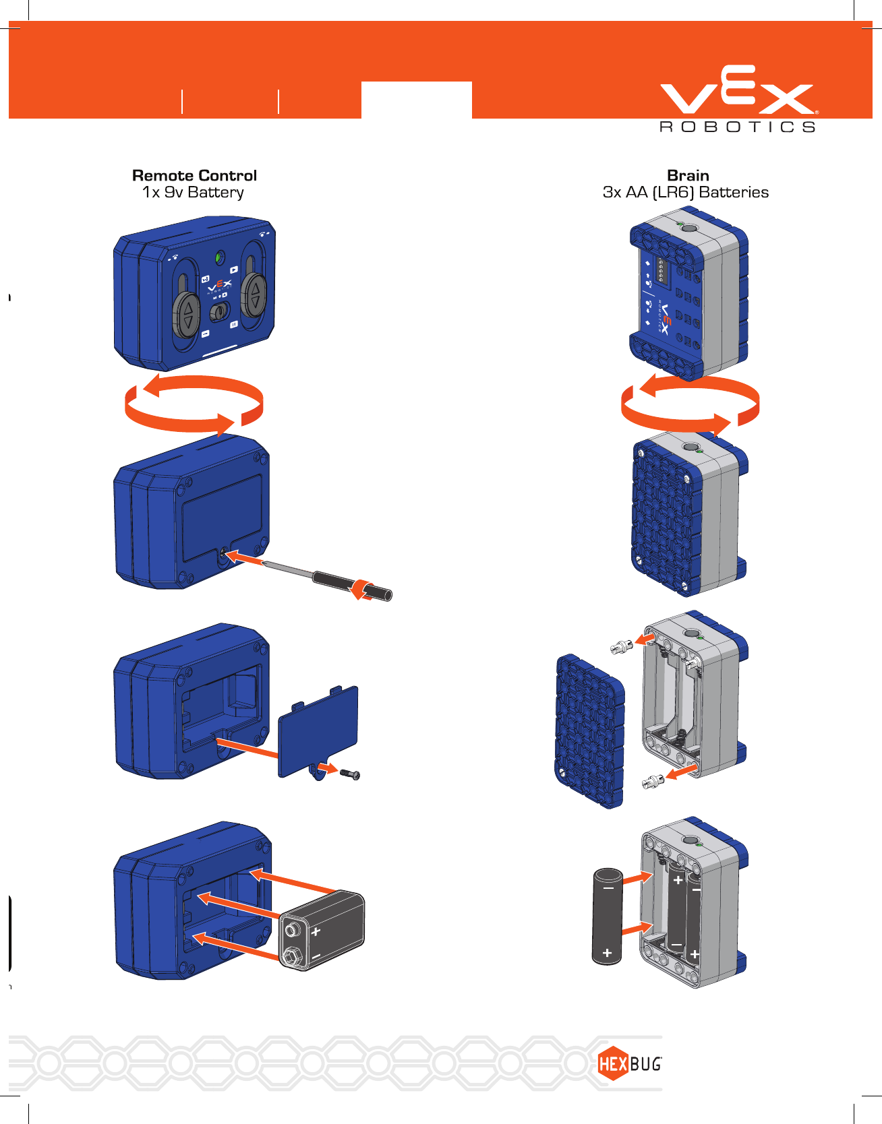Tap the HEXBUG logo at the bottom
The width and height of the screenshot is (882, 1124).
(628, 1063)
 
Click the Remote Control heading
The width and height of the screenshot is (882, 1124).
(194, 175)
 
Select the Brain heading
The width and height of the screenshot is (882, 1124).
(688, 175)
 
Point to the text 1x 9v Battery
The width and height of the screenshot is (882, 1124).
(193, 193)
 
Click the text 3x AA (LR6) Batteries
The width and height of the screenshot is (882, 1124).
(685, 193)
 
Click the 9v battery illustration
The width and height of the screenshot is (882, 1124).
(323, 930)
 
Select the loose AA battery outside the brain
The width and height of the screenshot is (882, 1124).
(608, 916)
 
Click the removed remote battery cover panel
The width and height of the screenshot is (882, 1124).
(318, 730)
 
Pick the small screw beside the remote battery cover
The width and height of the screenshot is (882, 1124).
(350, 774)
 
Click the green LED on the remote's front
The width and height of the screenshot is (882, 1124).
(219, 257)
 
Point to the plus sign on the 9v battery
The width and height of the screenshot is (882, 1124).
(316, 932)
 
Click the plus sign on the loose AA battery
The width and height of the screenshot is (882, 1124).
(607, 953)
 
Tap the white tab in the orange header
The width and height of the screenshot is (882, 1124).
(416, 100)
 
